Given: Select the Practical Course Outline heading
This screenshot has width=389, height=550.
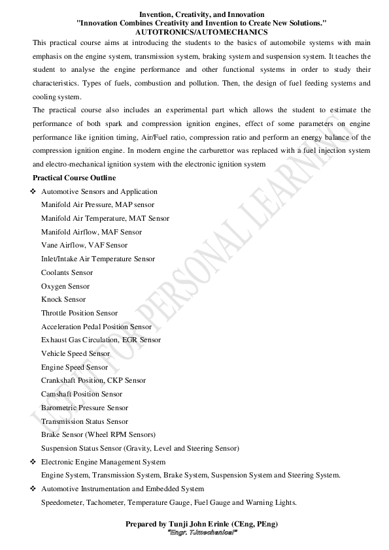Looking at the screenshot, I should click(x=75, y=178).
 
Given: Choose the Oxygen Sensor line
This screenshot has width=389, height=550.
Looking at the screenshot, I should click(x=65, y=286).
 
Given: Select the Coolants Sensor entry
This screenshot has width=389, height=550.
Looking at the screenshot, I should click(x=67, y=272).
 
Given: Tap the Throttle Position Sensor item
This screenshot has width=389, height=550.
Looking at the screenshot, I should click(x=79, y=313).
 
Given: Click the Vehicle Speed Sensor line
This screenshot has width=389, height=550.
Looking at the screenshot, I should click(x=75, y=353).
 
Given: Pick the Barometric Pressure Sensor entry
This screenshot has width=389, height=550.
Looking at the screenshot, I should click(x=84, y=408).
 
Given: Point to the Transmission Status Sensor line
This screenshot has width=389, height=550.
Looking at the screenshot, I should click(x=84, y=421).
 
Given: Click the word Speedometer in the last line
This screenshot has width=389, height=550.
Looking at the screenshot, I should click(x=61, y=502).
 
